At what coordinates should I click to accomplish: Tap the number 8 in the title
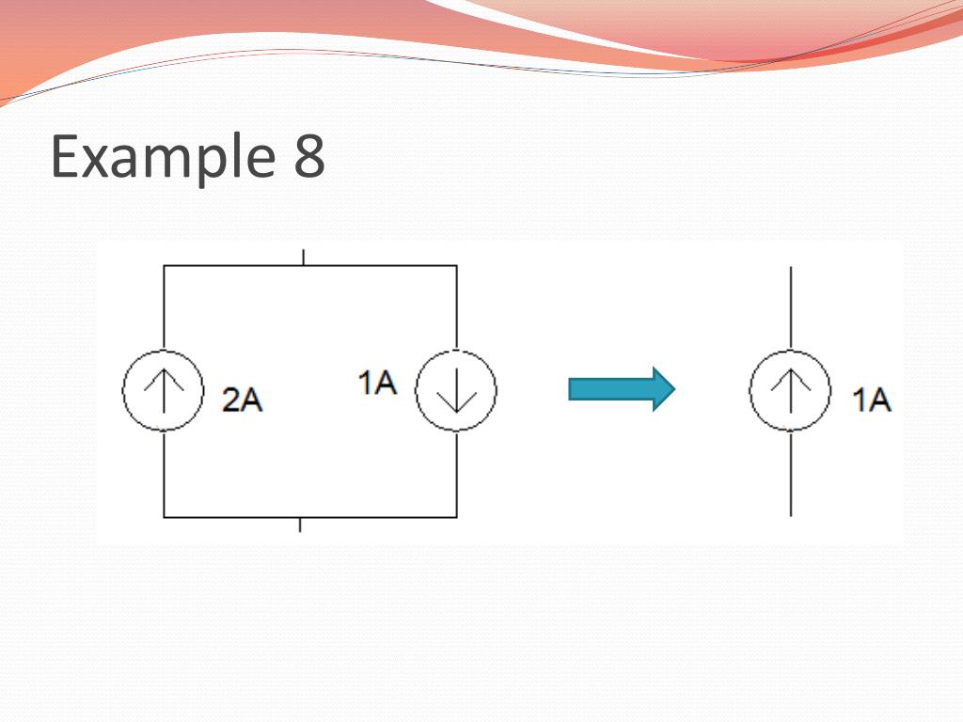[309, 156]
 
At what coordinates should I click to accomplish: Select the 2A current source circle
[164, 391]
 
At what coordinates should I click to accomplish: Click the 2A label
[242, 400]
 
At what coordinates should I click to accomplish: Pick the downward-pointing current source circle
[456, 391]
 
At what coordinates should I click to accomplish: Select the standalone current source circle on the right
[790, 391]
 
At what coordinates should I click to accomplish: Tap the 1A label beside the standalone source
[872, 400]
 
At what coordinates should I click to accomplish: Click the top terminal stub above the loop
[303, 257]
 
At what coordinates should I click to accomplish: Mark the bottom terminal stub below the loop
[300, 525]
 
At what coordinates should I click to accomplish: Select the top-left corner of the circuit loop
[165, 266]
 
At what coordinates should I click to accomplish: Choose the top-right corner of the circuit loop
[457, 266]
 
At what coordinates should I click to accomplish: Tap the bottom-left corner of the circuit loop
[165, 517]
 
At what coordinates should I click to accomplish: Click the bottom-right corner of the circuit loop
[457, 517]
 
